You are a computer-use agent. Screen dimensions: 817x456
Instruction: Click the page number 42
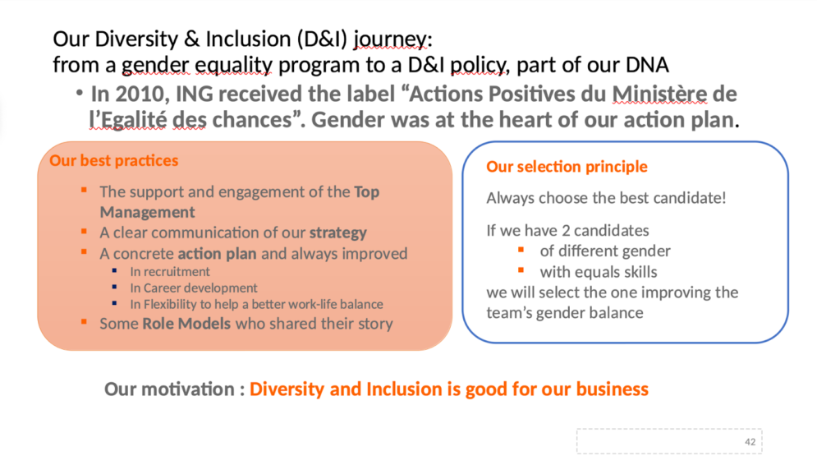750,442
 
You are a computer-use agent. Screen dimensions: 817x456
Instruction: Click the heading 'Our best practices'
113,160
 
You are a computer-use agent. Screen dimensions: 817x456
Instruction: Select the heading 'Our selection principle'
567,167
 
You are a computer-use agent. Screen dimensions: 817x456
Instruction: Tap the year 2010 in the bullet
138,94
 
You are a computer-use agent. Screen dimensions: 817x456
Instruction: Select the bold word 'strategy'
338,233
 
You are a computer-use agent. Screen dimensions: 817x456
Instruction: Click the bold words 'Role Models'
186,324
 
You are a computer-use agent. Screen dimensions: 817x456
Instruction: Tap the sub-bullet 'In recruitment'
170,271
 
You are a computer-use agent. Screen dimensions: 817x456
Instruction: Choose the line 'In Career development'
194,288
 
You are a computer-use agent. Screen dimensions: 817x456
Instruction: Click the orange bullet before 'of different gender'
521,250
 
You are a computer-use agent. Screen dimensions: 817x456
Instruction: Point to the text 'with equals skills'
598,272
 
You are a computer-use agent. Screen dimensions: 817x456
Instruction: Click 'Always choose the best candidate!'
606,198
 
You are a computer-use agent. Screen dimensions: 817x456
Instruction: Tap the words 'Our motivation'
169,389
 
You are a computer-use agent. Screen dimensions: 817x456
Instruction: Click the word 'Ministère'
659,94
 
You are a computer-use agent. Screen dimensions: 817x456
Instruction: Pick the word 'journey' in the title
390,39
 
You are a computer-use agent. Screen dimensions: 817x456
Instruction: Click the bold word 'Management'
148,212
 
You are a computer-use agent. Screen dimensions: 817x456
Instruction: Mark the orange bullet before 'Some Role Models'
84,322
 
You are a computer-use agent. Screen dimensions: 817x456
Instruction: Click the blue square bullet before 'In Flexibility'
114,303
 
